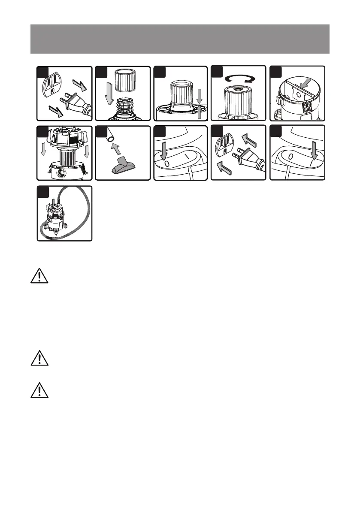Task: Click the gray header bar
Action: coord(180,39)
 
